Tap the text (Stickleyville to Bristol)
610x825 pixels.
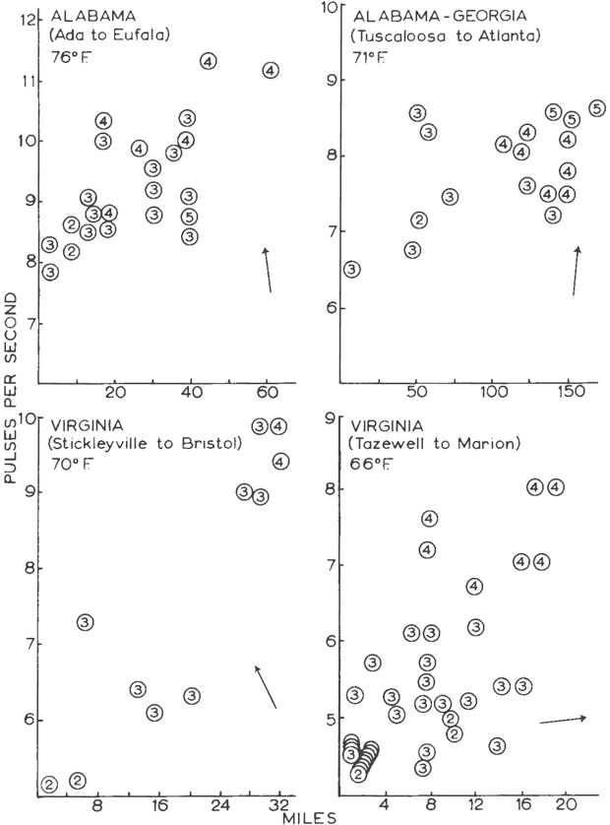coord(144,444)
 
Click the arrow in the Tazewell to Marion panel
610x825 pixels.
coord(563,720)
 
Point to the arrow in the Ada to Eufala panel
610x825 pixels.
coord(267,270)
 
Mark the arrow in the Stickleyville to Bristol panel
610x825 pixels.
coord(266,687)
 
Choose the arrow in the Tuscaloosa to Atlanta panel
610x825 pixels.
coord(576,271)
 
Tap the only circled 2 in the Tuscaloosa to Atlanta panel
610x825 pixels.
coord(419,220)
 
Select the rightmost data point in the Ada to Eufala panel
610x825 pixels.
coord(272,70)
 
